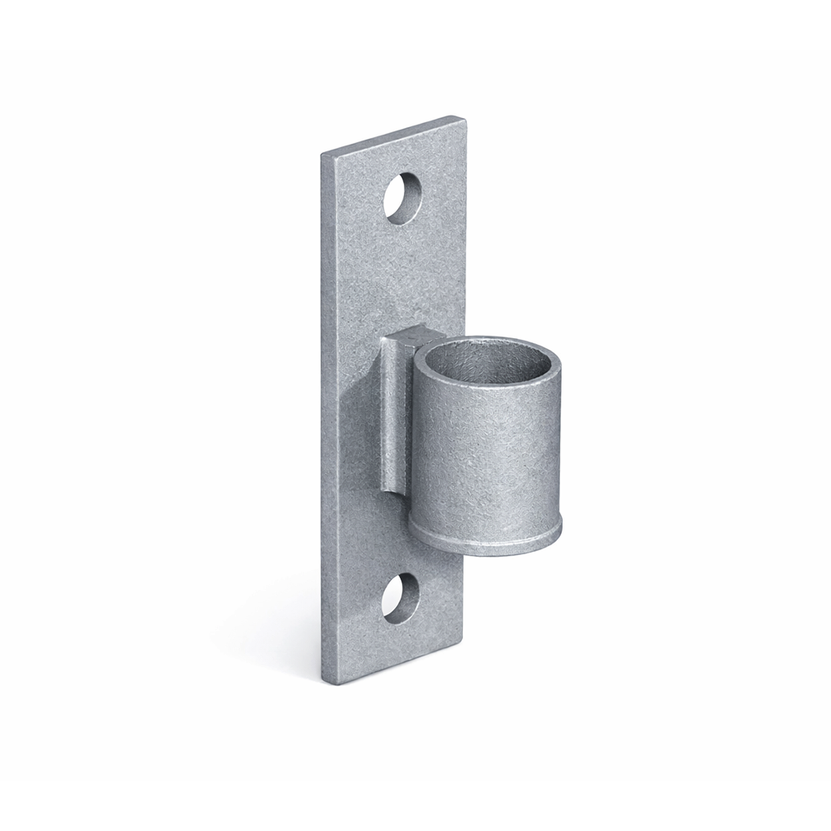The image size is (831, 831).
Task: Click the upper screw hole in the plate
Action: coord(404,197)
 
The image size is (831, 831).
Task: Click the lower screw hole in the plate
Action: coord(402,597)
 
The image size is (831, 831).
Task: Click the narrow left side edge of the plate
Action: coord(329,415)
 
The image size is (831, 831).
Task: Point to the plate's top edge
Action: coord(391,135)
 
